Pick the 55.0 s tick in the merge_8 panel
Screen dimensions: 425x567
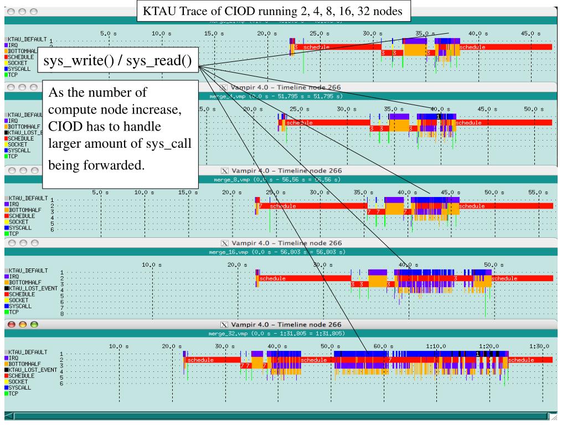point(537,191)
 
